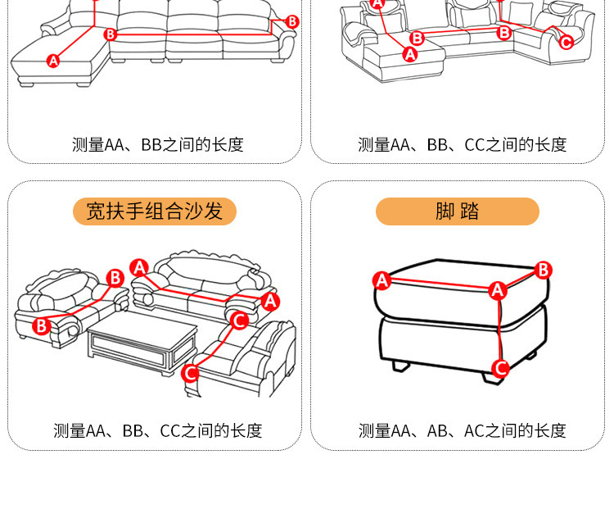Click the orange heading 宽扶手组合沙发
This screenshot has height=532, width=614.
[x=155, y=211]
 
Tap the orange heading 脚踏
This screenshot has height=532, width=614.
[x=457, y=211]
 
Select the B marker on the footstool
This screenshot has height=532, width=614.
[x=544, y=270]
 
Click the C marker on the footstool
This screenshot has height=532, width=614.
[x=500, y=369]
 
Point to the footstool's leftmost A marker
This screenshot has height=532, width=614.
[x=381, y=280]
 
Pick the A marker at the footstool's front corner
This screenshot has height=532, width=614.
[x=497, y=290]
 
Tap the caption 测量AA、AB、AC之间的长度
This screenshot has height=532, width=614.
[x=462, y=430]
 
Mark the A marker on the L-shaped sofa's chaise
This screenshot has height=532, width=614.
[x=53, y=60]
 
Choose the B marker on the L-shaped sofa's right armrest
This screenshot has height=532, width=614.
[x=292, y=21]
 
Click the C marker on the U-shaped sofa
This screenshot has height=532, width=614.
[x=566, y=42]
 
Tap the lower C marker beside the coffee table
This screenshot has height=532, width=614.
[x=190, y=374]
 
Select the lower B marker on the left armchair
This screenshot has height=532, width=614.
[x=42, y=326]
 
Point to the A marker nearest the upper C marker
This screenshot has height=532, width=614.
[x=270, y=301]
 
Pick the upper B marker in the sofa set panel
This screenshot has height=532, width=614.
[x=115, y=277]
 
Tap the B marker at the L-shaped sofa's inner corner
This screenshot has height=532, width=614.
[x=111, y=34]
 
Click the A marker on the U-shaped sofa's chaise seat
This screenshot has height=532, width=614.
[x=410, y=55]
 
